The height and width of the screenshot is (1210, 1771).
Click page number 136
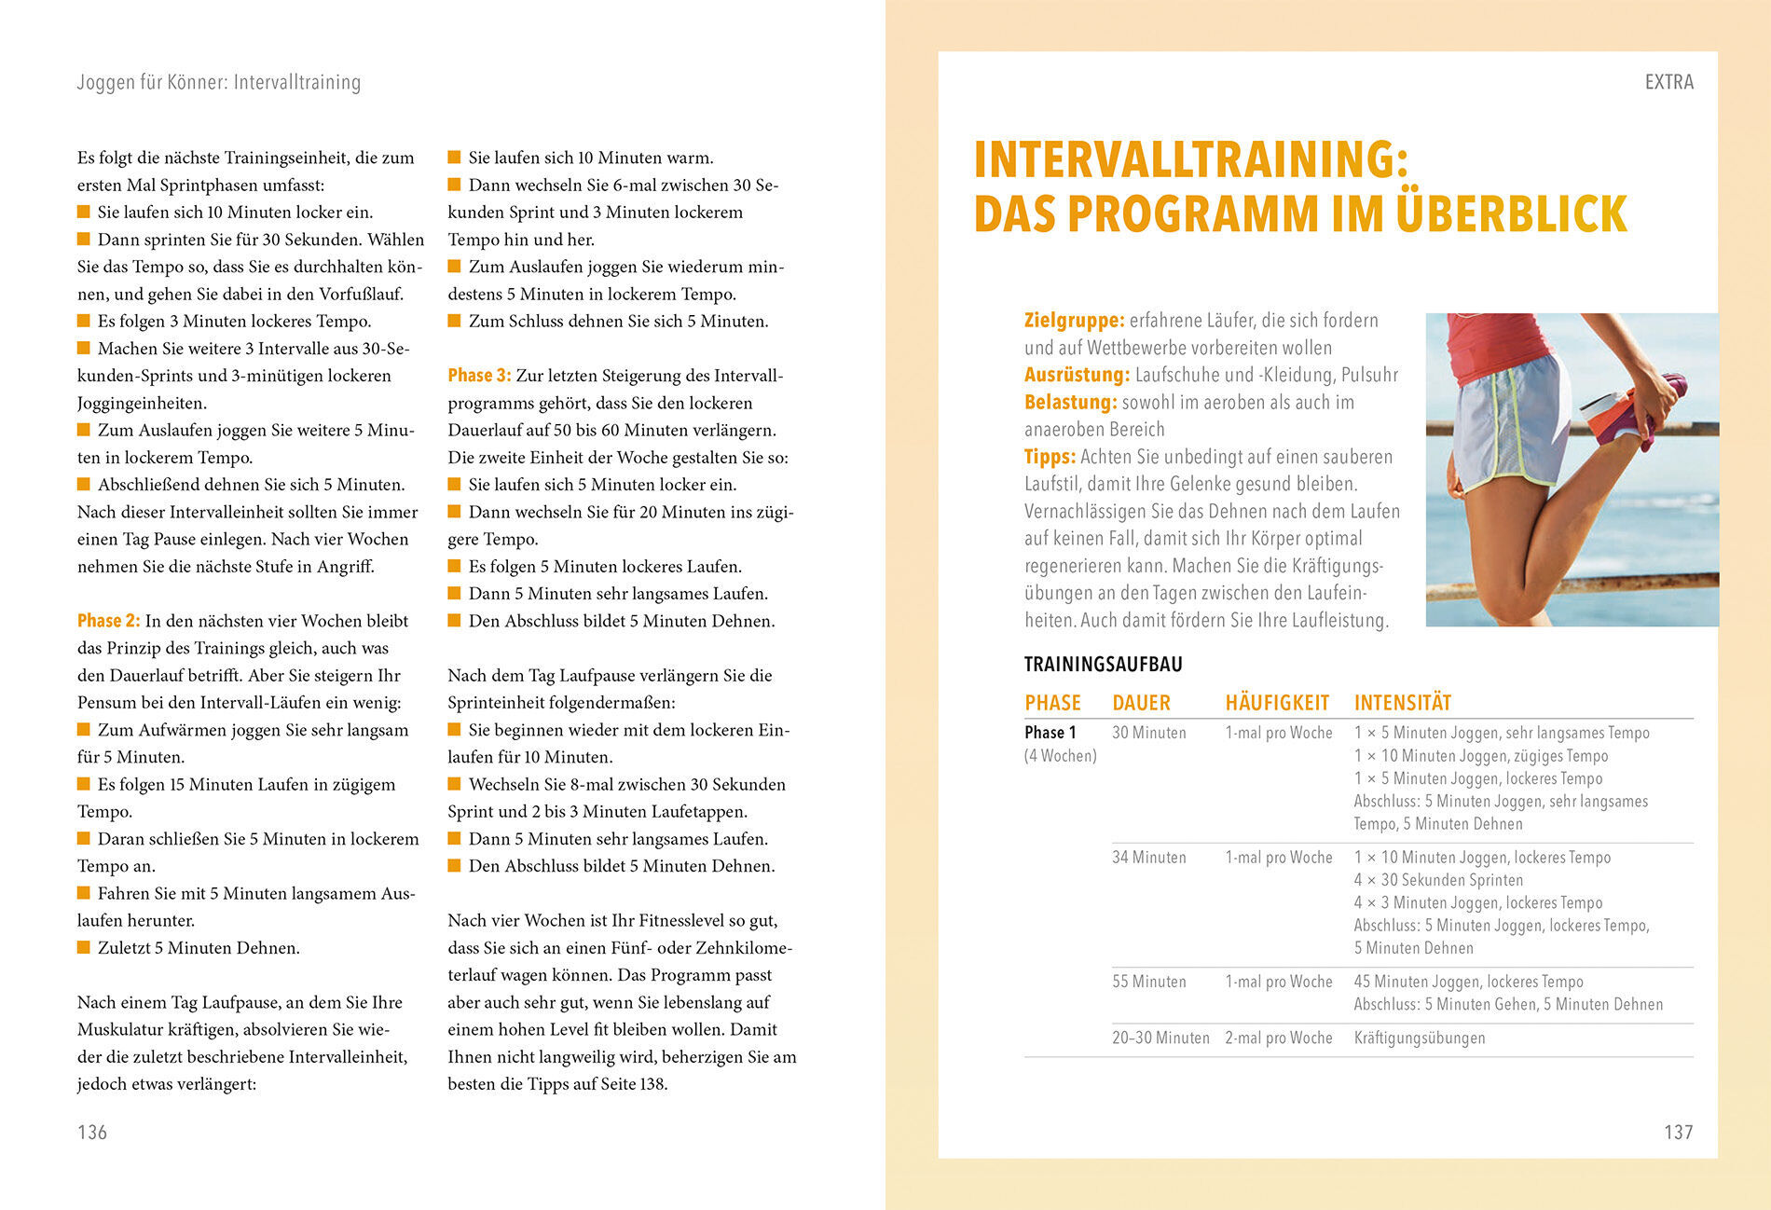(x=92, y=1132)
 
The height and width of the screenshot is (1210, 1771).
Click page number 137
(x=1678, y=1132)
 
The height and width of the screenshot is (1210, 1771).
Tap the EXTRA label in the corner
(x=1668, y=82)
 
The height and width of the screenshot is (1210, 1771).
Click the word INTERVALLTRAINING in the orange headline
(x=1190, y=159)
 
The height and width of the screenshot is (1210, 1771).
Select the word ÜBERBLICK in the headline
(x=1511, y=213)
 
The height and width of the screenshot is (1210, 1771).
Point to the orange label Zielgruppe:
(x=1075, y=321)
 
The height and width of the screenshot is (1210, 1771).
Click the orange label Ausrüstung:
(x=1077, y=375)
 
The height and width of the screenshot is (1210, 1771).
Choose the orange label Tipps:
(x=1050, y=457)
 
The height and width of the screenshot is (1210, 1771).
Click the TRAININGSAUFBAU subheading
(x=1103, y=665)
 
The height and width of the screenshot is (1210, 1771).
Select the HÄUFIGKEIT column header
(x=1277, y=703)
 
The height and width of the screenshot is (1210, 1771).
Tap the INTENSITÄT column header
(x=1402, y=703)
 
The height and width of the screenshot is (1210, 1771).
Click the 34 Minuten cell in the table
(x=1148, y=858)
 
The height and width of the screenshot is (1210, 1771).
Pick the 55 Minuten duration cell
(x=1148, y=982)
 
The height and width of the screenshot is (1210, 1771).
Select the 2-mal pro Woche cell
(x=1278, y=1038)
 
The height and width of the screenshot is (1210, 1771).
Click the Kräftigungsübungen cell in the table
(x=1419, y=1038)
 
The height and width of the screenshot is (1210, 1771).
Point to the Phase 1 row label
(x=1050, y=733)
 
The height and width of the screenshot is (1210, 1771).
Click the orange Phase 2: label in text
(x=108, y=621)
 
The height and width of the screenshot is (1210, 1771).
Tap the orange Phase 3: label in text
(x=479, y=376)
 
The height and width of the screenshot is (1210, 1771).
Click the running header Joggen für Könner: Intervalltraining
(x=218, y=82)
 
